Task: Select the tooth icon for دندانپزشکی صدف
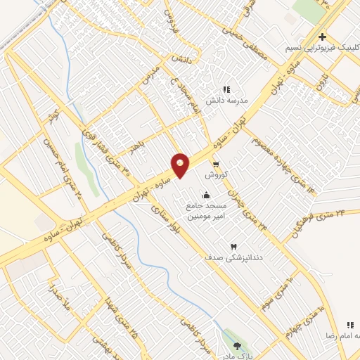(x=234, y=247)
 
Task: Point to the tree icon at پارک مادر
(x=237, y=345)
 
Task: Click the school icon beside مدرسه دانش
(x=226, y=89)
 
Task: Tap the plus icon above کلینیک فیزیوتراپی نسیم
(x=322, y=37)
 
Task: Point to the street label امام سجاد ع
(x=188, y=96)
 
